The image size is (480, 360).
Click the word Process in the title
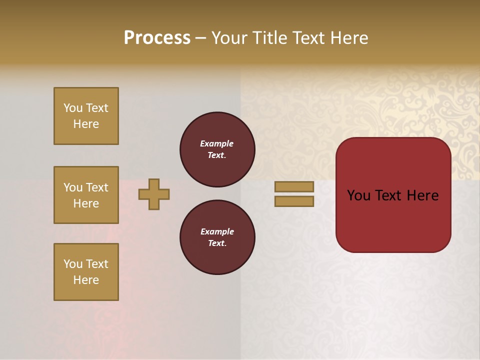(x=157, y=38)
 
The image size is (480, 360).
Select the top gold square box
(x=86, y=116)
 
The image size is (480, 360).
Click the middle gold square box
(x=86, y=195)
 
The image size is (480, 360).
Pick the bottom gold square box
(x=86, y=272)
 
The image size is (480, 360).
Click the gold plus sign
(x=154, y=194)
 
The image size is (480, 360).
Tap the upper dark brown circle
(x=217, y=149)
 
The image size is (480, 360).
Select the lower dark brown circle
(x=217, y=237)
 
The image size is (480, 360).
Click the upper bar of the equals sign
(x=294, y=186)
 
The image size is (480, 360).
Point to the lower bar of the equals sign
(x=294, y=201)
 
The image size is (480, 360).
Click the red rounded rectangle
(x=393, y=220)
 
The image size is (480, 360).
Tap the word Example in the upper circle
(x=217, y=143)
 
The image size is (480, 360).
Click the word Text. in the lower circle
(x=217, y=243)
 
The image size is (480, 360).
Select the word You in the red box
(x=358, y=195)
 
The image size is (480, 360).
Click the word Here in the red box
(x=422, y=195)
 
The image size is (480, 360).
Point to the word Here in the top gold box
(x=86, y=124)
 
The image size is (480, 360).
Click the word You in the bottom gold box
(x=73, y=264)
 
